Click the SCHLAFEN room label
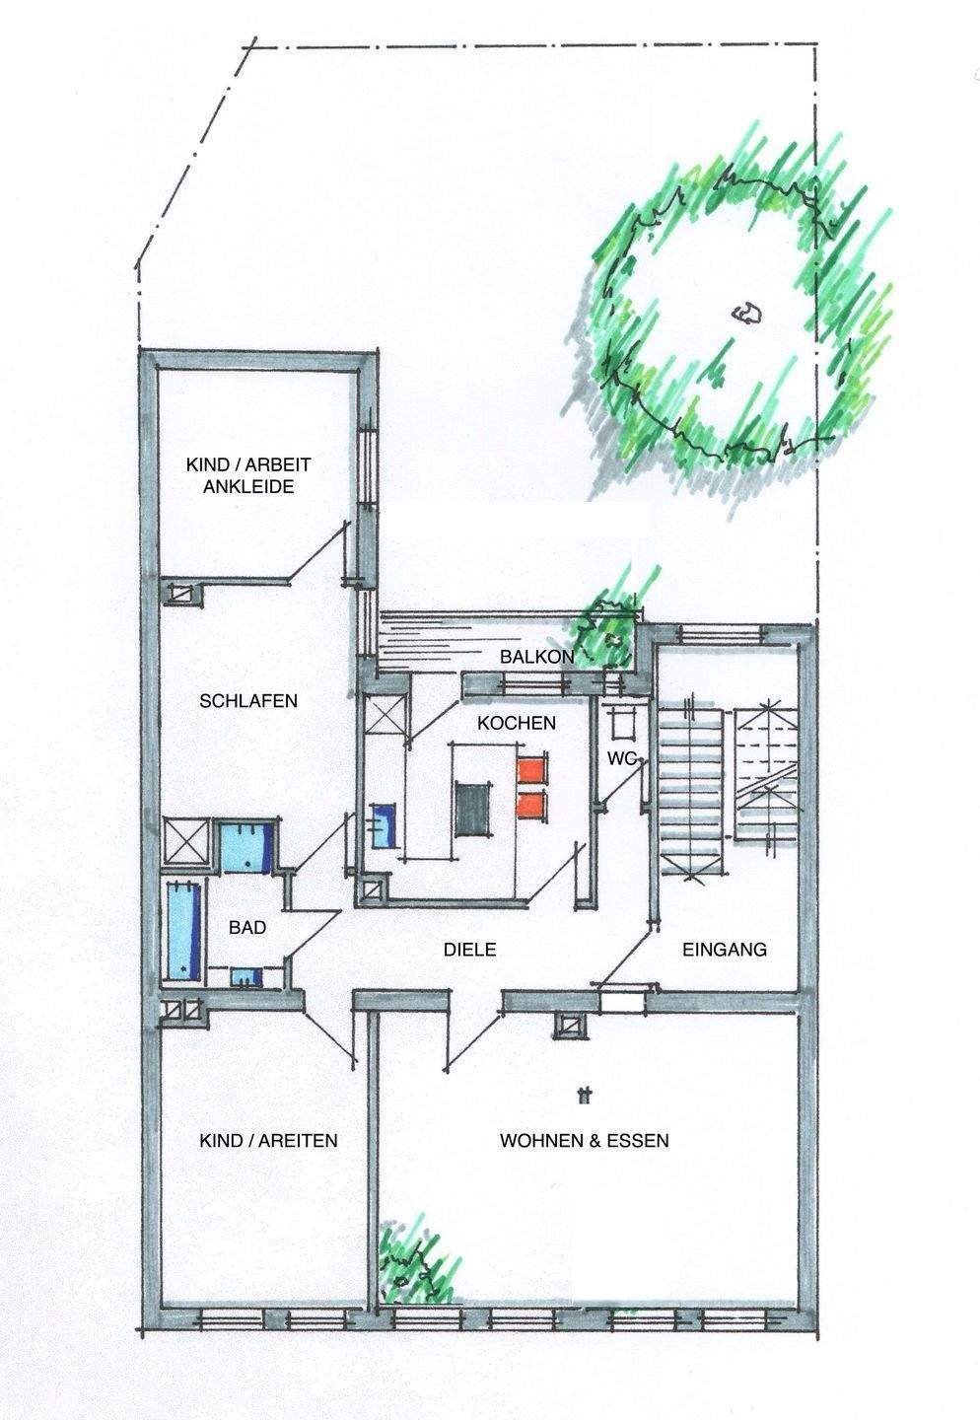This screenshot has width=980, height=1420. (x=248, y=701)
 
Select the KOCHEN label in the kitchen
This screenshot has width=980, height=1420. (x=517, y=723)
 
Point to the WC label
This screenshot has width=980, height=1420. (x=621, y=757)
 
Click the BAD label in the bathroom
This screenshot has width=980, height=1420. (x=246, y=927)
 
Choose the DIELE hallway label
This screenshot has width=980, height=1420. (x=467, y=951)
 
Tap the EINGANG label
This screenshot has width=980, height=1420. (x=725, y=951)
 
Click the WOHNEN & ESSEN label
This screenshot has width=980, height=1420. (x=585, y=1141)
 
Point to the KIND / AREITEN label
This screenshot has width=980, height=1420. (x=268, y=1141)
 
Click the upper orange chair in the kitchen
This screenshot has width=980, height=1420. (x=532, y=770)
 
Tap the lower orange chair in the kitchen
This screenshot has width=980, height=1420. (x=532, y=804)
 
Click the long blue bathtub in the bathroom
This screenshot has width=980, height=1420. (x=184, y=930)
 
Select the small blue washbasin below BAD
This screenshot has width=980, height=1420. (x=246, y=977)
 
